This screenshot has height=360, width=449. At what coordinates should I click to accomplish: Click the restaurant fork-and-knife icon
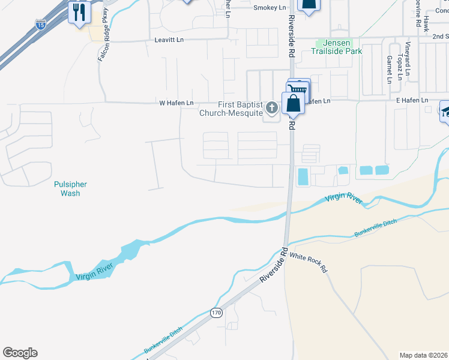[79, 11]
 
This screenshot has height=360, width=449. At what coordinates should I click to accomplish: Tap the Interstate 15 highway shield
[41, 25]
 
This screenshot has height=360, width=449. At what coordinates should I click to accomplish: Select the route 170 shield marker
[216, 313]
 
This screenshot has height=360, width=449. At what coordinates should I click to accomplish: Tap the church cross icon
[272, 108]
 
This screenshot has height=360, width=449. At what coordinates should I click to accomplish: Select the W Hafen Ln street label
[176, 103]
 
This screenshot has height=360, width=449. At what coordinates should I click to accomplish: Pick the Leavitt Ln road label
[169, 40]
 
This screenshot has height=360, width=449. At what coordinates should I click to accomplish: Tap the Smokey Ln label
[270, 7]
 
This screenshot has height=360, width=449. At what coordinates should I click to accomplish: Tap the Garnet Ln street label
[389, 69]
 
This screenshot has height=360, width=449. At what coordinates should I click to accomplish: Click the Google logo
[20, 353]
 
